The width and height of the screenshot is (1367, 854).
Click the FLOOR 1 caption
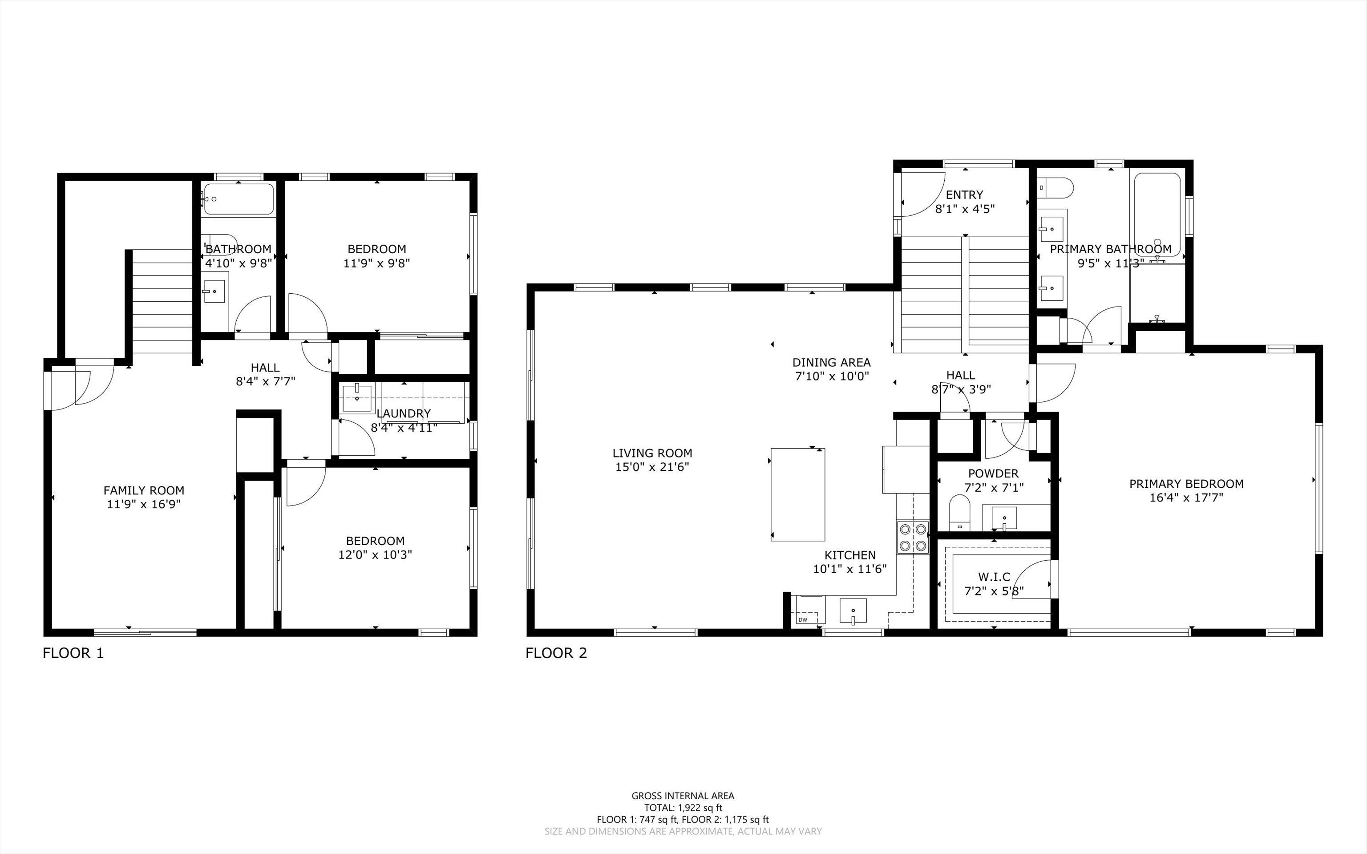click(x=73, y=653)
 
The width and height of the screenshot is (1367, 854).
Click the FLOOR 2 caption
click(x=556, y=653)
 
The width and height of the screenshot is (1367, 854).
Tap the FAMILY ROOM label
click(x=144, y=490)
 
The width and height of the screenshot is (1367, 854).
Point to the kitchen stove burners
click(x=913, y=537)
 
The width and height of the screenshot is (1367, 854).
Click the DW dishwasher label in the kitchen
click(x=803, y=619)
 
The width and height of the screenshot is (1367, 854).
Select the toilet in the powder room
click(x=959, y=512)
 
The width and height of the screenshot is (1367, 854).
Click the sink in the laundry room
click(x=357, y=397)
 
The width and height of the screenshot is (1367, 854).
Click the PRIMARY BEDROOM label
click(x=1186, y=483)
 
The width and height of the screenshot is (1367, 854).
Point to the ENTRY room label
click(x=964, y=195)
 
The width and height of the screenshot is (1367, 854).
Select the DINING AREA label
click(x=832, y=362)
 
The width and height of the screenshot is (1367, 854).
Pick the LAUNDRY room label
click(x=403, y=413)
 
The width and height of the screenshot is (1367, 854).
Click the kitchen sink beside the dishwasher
click(x=853, y=612)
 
